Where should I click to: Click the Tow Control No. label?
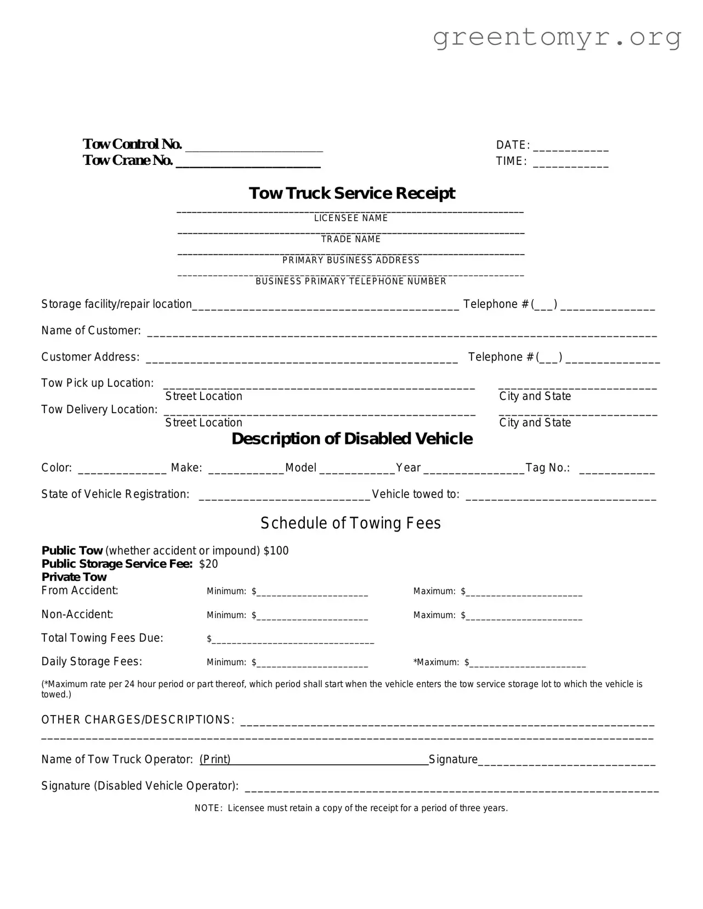point(132,144)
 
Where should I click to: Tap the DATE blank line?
point(570,148)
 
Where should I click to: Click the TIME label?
point(511,161)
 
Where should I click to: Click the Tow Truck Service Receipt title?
point(351,193)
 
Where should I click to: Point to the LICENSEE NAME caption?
point(351,218)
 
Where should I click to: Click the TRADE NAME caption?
point(351,239)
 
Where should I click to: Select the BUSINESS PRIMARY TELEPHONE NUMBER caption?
point(351,281)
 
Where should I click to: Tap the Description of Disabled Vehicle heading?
point(351,438)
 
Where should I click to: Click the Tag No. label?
point(547,467)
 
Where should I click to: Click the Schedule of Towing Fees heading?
point(350,523)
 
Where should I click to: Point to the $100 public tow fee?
point(276,551)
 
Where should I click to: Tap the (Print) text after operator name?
point(215,759)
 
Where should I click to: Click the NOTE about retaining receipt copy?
point(351,808)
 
